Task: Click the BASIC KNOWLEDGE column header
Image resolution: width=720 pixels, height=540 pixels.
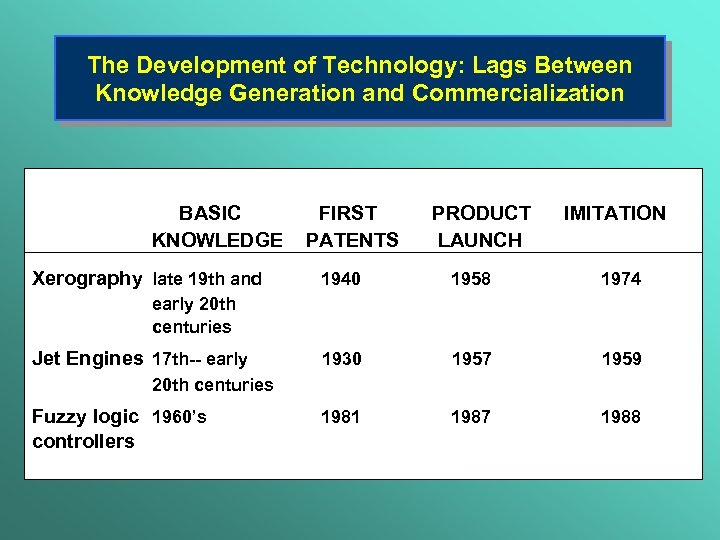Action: coord(216,226)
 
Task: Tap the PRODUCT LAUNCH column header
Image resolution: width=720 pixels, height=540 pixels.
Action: coord(480,226)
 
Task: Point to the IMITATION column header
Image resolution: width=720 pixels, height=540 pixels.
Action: coord(614,213)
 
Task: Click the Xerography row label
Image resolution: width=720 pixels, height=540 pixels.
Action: coord(87,279)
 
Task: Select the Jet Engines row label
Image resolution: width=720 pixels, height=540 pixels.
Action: coord(87,359)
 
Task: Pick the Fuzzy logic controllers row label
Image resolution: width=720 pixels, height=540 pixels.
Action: coord(84,429)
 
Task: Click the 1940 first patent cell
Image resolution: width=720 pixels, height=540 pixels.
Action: coord(340,280)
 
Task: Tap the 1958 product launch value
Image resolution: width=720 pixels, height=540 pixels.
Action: coord(471,280)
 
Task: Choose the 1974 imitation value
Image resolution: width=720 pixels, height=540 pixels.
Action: coord(620,280)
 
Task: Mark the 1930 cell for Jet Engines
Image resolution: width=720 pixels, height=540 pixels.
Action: coord(340,359)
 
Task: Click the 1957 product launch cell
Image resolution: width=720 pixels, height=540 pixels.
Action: coord(471,359)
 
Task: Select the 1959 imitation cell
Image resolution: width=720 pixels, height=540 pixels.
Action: coord(620,359)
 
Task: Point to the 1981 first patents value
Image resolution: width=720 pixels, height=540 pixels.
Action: coord(340,417)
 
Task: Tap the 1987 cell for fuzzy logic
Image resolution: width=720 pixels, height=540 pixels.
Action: coord(471,417)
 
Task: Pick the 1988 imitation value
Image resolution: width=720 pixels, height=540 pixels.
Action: coord(620,417)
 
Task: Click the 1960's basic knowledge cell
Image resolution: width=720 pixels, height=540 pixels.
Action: coord(179,417)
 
